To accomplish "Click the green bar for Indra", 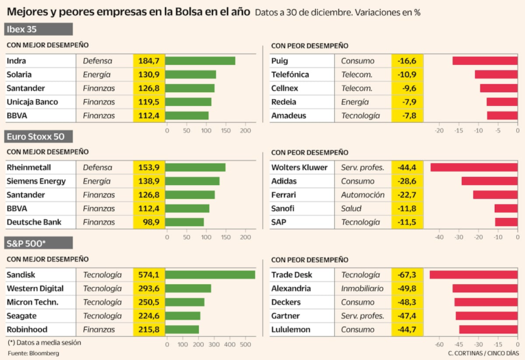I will coord(200,61).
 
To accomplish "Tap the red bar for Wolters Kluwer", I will coord(473,167).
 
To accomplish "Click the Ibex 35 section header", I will coord(38,29).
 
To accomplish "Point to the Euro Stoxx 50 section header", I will coord(38,136).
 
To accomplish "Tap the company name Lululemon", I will coord(291,329).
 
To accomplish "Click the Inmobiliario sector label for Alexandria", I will coord(363,288).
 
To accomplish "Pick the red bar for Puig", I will coord(485,61).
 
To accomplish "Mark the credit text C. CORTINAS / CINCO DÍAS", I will coord(482,353).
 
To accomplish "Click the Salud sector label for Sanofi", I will coord(353,208).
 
